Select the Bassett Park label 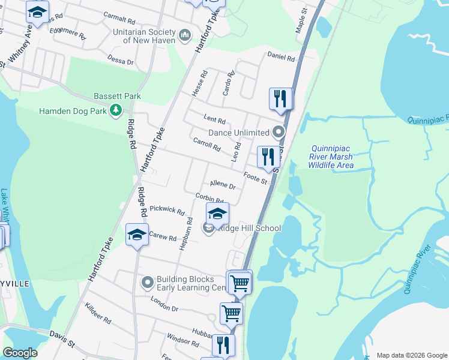pyautogui.click(x=117, y=96)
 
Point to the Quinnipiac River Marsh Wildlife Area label pyautogui.click(x=331, y=157)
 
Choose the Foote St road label pyautogui.click(x=256, y=178)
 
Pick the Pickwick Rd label pyautogui.click(x=167, y=210)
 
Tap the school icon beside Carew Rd pyautogui.click(x=137, y=235)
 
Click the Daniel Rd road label pyautogui.click(x=281, y=58)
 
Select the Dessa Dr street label pyautogui.click(x=121, y=60)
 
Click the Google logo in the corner pyautogui.click(x=20, y=353)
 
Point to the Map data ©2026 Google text pyautogui.click(x=411, y=355)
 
